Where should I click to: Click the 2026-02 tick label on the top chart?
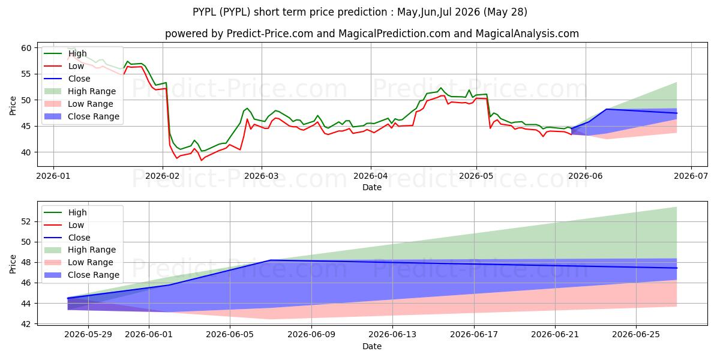pyautogui.click(x=163, y=176)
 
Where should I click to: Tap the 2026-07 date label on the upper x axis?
pyautogui.click(x=691, y=176)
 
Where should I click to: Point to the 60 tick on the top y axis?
pyautogui.click(x=26, y=48)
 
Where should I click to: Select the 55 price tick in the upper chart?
pyautogui.click(x=26, y=74)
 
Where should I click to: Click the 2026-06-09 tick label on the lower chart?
pyautogui.click(x=311, y=335)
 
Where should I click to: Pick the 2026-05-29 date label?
pyautogui.click(x=88, y=335)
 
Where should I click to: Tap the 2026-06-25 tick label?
pyautogui.click(x=636, y=335)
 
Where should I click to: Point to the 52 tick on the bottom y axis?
pyautogui.click(x=26, y=222)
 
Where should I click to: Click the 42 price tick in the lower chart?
pyautogui.click(x=26, y=324)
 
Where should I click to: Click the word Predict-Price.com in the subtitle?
pyautogui.click(x=269, y=34)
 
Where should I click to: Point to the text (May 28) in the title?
pyautogui.click(x=505, y=12)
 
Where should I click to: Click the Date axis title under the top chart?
pyautogui.click(x=372, y=187)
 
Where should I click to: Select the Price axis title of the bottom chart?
pyautogui.click(x=13, y=264)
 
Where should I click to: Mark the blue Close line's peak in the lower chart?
pyautogui.click(x=271, y=260)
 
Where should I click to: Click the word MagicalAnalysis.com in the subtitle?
pyautogui.click(x=527, y=34)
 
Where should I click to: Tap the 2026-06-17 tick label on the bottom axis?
pyautogui.click(x=474, y=335)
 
